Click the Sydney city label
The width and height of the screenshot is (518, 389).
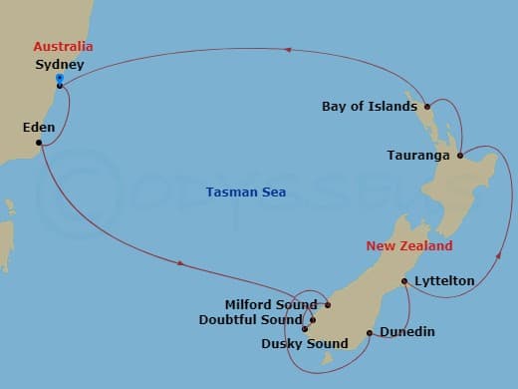pyautogui.click(x=58, y=65)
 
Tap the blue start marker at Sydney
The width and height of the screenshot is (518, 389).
pyautogui.click(x=60, y=78)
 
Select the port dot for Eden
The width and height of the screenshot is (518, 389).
pyautogui.click(x=39, y=143)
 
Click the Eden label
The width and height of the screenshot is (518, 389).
pyautogui.click(x=39, y=128)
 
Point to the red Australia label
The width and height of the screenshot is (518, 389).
pyautogui.click(x=63, y=47)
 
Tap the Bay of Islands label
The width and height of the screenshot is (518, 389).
pyautogui.click(x=369, y=106)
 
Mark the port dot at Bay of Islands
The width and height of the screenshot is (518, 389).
pyautogui.click(x=426, y=106)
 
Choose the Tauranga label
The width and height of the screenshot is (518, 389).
pyautogui.click(x=418, y=156)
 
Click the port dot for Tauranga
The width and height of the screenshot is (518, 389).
pyautogui.click(x=460, y=156)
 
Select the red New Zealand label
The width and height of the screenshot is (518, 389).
pyautogui.click(x=408, y=245)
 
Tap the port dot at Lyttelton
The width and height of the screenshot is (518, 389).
pyautogui.click(x=403, y=282)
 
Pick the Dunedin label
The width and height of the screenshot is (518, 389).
pyautogui.click(x=406, y=332)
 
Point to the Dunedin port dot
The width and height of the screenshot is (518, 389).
pyautogui.click(x=370, y=333)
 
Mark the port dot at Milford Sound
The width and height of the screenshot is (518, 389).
pyautogui.click(x=328, y=304)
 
